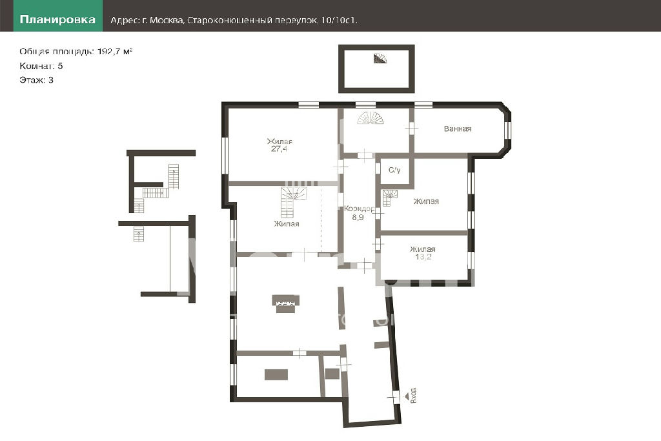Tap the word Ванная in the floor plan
[x=458, y=129]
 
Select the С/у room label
[x=394, y=170]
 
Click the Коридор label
[x=359, y=209]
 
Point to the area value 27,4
[x=279, y=149]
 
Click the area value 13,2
[x=423, y=257]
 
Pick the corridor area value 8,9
[x=358, y=218]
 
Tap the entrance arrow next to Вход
[x=407, y=396]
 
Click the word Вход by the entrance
[x=414, y=395]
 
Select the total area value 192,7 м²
[x=115, y=52]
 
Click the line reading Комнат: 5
[x=41, y=66]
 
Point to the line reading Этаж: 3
[x=36, y=80]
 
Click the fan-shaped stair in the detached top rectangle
[x=380, y=59]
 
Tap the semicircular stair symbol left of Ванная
[x=371, y=118]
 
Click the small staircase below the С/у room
[x=390, y=198]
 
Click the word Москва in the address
[x=167, y=20]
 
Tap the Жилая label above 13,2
[x=423, y=250]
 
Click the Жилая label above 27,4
[x=280, y=141]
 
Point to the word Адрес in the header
[x=123, y=20]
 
